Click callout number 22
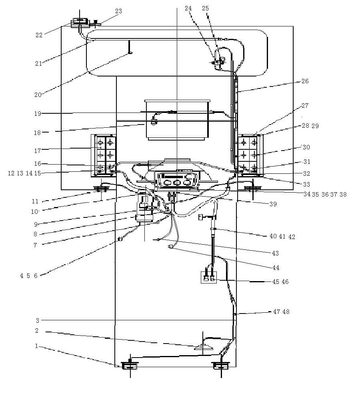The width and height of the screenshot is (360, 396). tap(39, 35)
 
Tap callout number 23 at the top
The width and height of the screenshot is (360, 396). tap(118, 11)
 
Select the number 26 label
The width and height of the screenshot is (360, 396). tap(305, 81)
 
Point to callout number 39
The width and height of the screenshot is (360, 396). tap(273, 204)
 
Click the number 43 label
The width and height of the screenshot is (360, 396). tap(275, 253)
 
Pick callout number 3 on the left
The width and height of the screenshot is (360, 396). tap(38, 320)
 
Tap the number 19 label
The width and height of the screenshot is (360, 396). tap(38, 113)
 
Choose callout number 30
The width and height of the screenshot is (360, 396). tap(306, 147)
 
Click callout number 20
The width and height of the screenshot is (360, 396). tap(38, 95)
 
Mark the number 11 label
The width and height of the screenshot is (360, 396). tap(35, 201)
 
